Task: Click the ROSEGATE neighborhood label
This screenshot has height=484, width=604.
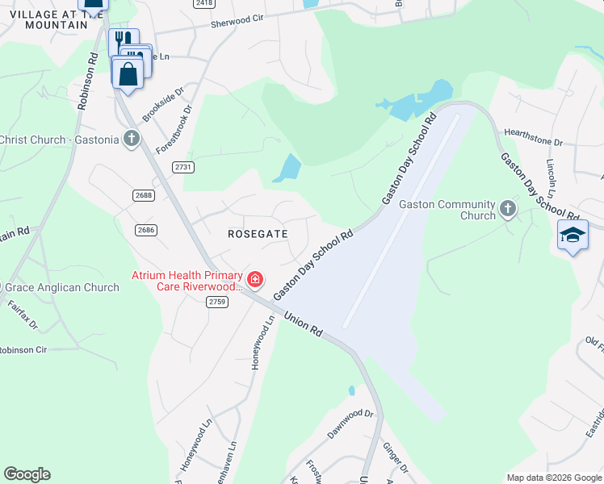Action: [258, 233]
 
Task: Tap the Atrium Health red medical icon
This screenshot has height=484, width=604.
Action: [255, 280]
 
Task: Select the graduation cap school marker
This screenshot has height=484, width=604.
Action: [573, 235]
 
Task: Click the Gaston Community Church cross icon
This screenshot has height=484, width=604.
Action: [507, 210]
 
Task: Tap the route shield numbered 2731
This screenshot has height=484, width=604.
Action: [183, 166]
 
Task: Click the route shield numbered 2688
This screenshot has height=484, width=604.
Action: [144, 195]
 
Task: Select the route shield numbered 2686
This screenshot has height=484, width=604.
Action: [146, 230]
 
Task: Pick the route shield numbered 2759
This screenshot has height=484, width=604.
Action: [217, 302]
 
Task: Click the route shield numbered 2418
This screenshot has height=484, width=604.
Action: [203, 4]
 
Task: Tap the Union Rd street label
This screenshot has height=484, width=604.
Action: [304, 324]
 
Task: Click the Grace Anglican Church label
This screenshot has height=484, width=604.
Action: [62, 287]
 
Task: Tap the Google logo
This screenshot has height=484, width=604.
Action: [27, 474]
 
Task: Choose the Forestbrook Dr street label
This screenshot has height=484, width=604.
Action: [174, 127]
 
